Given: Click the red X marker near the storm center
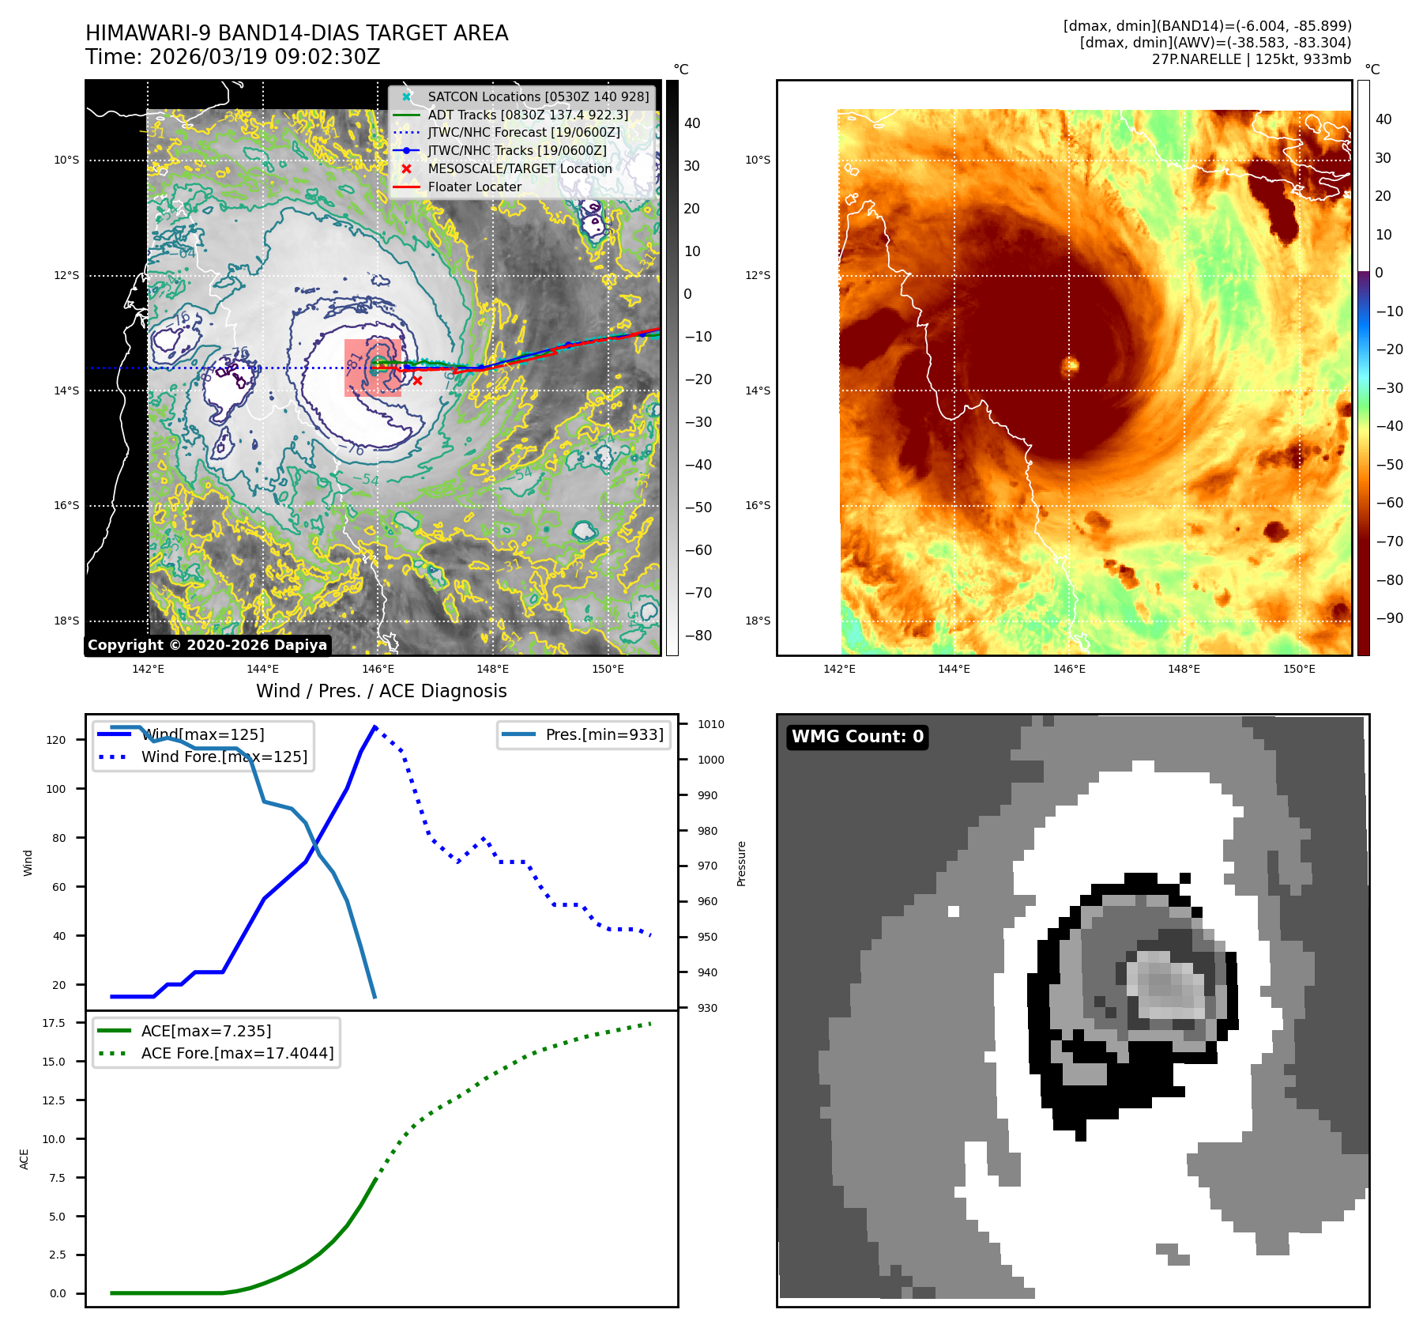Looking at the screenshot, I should [x=417, y=381].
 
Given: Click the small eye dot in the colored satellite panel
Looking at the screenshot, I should [x=1071, y=364].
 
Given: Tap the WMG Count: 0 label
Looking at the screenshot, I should [x=857, y=737].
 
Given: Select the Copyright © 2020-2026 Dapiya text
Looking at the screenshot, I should [x=207, y=645].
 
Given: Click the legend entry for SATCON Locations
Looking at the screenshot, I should [x=538, y=96].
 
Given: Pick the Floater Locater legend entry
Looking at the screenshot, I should [x=474, y=187].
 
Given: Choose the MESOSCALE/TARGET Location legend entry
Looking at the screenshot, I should [x=519, y=169].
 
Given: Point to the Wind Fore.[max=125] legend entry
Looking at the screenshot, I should [x=224, y=757].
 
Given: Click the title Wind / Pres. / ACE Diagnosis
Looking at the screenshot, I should [x=382, y=691].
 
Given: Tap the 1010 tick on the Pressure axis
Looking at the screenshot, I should [x=710, y=724].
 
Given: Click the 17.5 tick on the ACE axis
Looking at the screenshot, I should [x=54, y=1023].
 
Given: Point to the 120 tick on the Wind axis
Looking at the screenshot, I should [x=56, y=741].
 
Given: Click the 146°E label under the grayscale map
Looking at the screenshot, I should [x=378, y=670].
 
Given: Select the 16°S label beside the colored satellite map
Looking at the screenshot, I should [x=757, y=506].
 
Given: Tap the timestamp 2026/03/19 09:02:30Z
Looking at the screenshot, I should [x=265, y=58].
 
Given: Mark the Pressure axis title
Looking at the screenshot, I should [x=741, y=863].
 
